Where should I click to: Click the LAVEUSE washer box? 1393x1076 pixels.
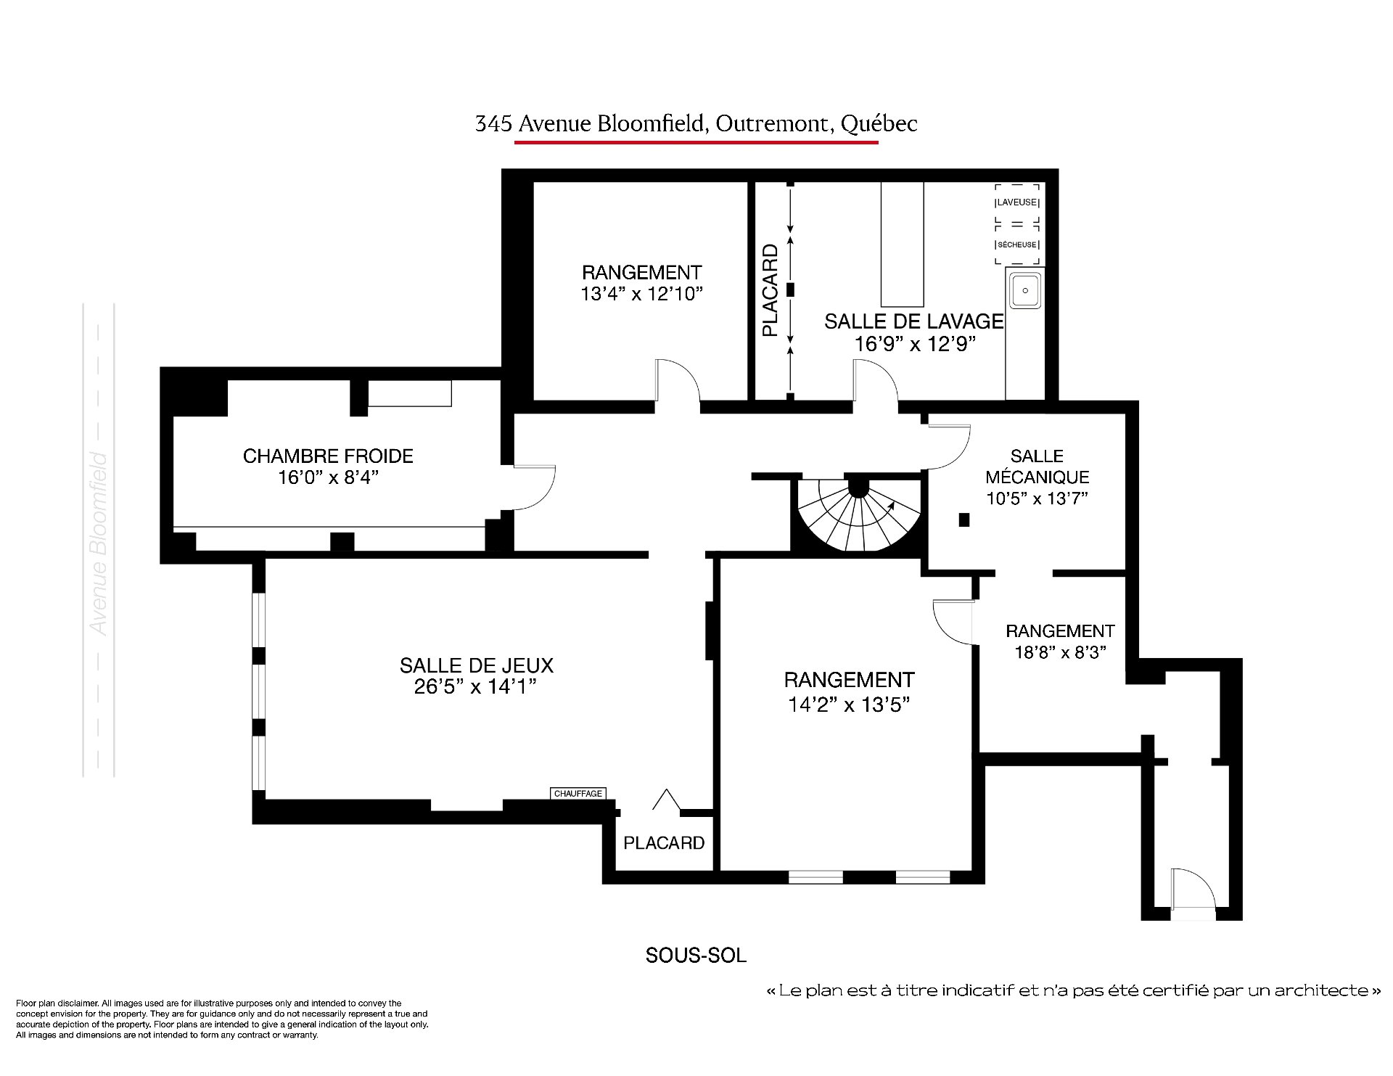pos(1016,202)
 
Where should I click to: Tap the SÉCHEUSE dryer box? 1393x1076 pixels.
pos(1016,245)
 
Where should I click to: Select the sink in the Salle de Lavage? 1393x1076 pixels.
pos(1024,290)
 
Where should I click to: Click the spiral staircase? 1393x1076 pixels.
pos(859,514)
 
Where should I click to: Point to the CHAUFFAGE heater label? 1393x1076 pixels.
pos(578,793)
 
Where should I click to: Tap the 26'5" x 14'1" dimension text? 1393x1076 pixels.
pos(475,686)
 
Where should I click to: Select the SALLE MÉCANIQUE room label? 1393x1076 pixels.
pos(1037,467)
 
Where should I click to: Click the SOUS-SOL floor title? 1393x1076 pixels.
pos(696,955)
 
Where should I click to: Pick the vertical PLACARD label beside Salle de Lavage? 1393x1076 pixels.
pos(770,290)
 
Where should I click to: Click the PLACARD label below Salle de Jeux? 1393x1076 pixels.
pos(664,842)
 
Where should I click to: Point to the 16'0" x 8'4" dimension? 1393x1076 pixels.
pos(329,477)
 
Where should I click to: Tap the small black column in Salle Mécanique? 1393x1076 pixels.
pos(964,519)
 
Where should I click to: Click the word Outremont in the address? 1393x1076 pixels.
pos(772,124)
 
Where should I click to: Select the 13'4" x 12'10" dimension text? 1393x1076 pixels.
pos(642,293)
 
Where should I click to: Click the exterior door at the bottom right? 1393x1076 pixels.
pos(1191,894)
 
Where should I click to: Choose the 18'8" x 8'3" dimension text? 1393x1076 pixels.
pos(1060,652)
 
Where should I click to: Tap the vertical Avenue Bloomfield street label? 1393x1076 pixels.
pos(98,544)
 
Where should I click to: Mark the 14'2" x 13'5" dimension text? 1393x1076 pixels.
pos(849,704)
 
